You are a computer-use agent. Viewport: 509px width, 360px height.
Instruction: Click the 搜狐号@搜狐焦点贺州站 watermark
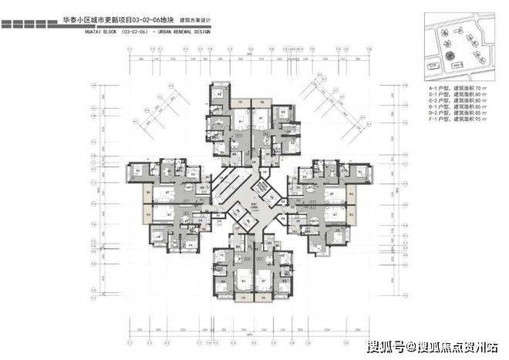click(433, 345)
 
